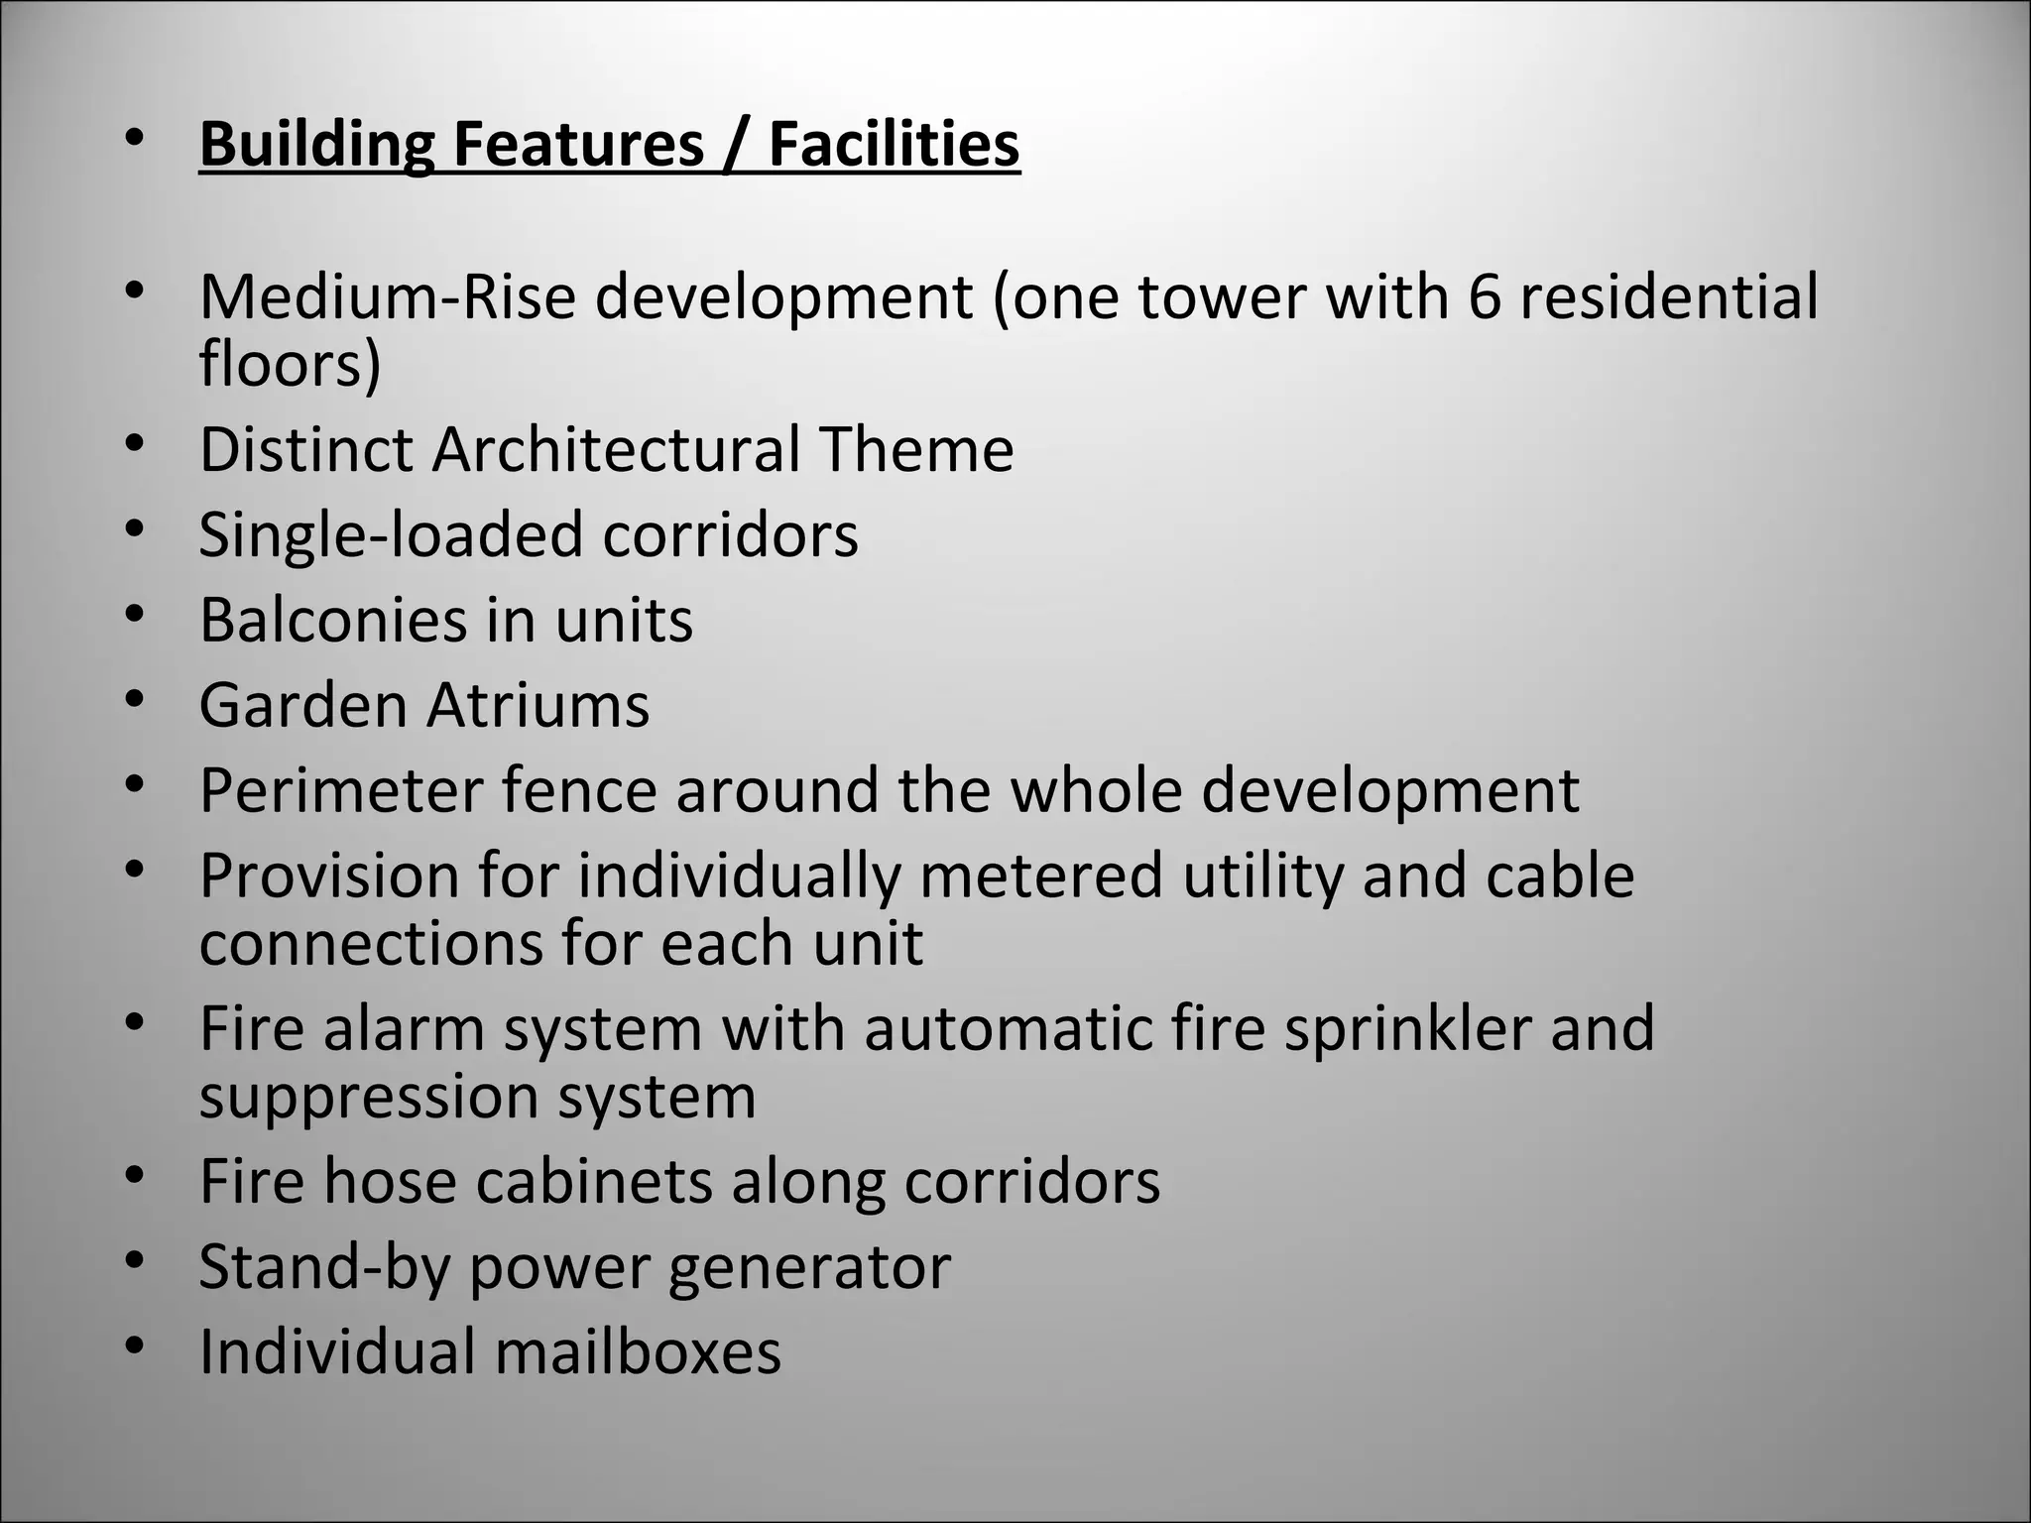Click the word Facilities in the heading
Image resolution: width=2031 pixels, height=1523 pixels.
(x=894, y=144)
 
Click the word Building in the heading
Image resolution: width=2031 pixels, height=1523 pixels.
(x=316, y=144)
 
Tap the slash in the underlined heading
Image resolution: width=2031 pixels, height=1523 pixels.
(x=735, y=146)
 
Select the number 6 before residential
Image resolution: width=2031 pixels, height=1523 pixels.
(x=1484, y=296)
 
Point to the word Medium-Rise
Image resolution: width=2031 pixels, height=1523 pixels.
(x=387, y=296)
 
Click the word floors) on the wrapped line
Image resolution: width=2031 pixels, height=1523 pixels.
(x=290, y=364)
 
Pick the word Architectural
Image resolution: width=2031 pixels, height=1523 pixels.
(x=616, y=449)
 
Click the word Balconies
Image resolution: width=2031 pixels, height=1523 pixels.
(x=327, y=620)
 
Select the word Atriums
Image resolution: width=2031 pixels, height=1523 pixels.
(x=538, y=705)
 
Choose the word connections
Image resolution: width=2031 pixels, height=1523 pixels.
(x=370, y=943)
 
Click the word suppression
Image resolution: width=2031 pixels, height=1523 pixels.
(x=368, y=1098)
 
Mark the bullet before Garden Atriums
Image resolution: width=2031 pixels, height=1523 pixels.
(x=136, y=700)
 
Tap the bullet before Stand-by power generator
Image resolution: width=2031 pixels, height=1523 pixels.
(x=136, y=1262)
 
